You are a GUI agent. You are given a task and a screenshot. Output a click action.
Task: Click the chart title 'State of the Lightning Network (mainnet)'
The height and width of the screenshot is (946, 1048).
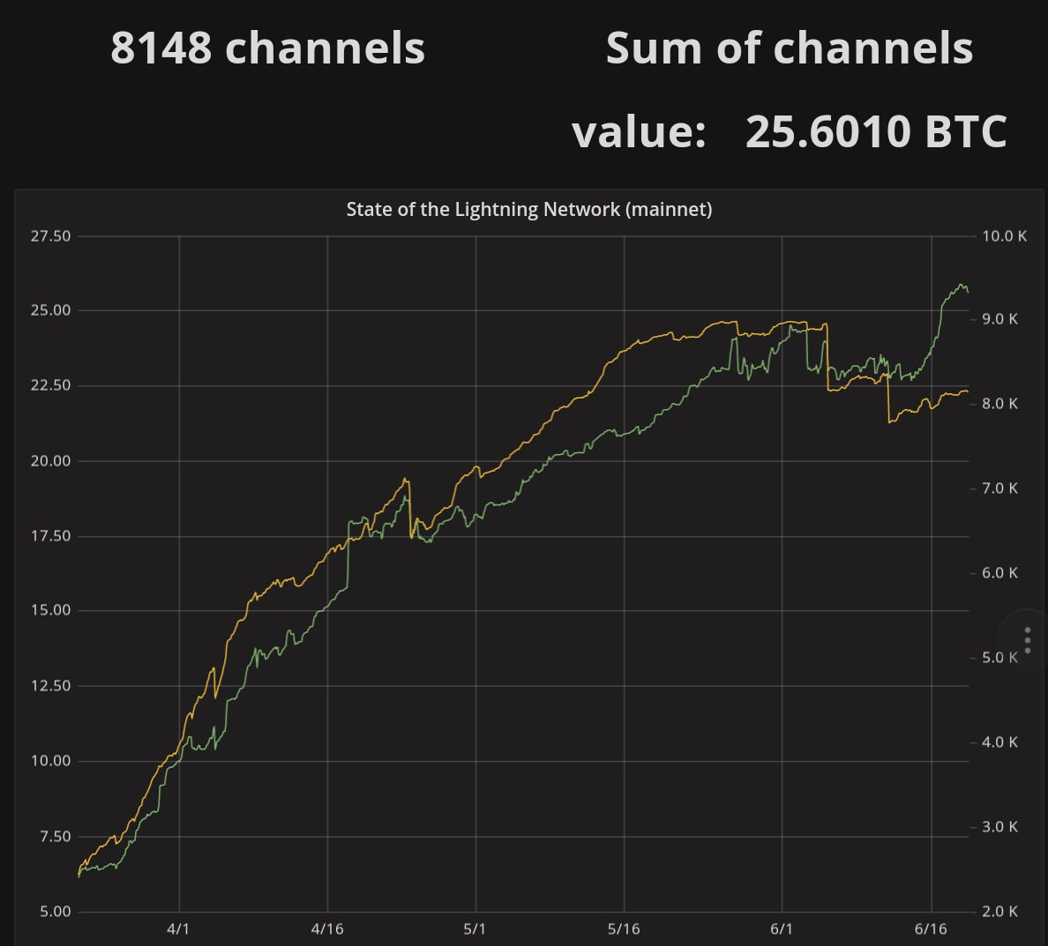(x=528, y=209)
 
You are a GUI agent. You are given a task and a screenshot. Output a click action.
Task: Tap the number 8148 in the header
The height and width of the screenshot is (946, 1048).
(x=161, y=48)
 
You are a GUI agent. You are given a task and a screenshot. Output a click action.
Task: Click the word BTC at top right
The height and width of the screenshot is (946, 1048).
(x=965, y=131)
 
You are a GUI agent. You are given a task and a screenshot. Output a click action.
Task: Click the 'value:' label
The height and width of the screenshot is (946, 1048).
(x=639, y=131)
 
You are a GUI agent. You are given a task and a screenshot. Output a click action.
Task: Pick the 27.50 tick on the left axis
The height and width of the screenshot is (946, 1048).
(x=50, y=236)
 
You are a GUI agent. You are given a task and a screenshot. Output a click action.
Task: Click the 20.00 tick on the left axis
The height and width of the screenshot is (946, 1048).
(x=50, y=461)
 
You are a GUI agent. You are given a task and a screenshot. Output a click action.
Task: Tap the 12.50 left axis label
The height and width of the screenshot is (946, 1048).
(x=50, y=686)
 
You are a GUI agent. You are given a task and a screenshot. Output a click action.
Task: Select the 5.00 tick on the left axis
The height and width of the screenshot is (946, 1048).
(x=55, y=912)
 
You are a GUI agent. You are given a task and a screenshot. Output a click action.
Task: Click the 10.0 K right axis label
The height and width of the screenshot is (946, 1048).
(x=1004, y=236)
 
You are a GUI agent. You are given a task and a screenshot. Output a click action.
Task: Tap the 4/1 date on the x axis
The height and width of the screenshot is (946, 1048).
(x=178, y=929)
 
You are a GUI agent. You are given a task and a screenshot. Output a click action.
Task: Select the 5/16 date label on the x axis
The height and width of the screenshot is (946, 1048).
(x=624, y=929)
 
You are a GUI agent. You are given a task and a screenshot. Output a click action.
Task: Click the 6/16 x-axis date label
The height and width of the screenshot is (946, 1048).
(x=931, y=929)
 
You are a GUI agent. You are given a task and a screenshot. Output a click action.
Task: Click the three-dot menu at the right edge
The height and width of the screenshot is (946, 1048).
(x=1028, y=640)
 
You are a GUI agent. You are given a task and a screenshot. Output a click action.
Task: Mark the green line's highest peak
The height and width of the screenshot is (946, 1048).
(x=961, y=285)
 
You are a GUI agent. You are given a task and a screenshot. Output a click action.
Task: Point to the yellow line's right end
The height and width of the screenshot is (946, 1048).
(x=968, y=391)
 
